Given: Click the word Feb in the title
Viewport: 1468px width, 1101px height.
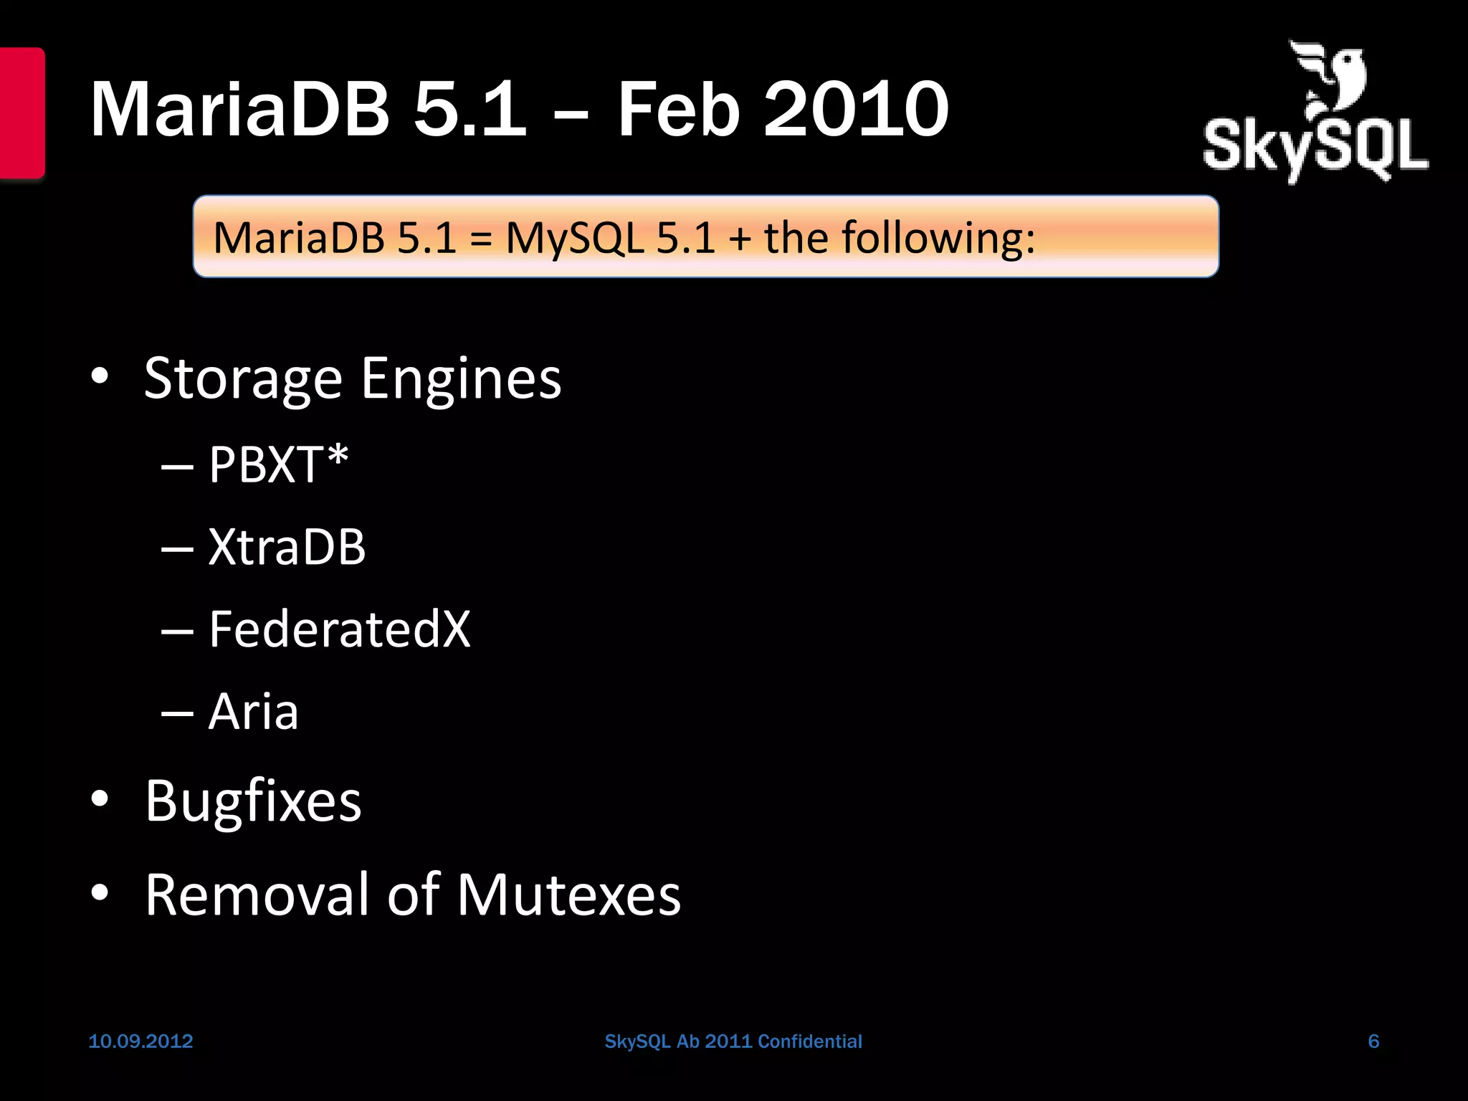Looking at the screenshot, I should point(677,110).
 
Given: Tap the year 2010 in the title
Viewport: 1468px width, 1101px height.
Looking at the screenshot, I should point(857,110).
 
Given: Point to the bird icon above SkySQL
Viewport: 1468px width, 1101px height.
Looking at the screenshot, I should point(1330,79).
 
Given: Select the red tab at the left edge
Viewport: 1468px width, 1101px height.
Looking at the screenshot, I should point(22,113).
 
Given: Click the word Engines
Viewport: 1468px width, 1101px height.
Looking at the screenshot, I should point(461,378).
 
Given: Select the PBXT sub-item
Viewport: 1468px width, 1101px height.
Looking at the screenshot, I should point(265,465).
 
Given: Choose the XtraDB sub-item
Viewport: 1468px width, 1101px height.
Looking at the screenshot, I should point(287,547).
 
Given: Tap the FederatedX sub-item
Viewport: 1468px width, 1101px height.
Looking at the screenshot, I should point(339,629).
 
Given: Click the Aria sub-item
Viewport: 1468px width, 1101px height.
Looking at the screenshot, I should point(253,712).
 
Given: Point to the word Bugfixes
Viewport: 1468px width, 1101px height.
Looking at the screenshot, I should point(253,801).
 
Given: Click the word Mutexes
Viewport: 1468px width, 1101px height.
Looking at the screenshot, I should point(568,895).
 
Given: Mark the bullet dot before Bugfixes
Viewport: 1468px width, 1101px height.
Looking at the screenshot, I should point(100,799).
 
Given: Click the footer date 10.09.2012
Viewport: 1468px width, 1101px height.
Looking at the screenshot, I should point(140,1042).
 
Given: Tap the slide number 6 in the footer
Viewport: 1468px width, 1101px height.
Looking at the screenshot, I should point(1373,1042).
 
